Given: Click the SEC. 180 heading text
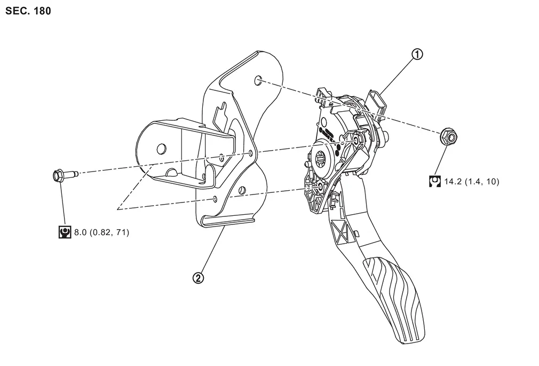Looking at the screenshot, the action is [28, 11].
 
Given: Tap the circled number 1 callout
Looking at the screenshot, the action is [417, 54].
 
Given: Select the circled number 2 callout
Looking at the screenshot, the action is [198, 278].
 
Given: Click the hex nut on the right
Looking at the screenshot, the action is [448, 137].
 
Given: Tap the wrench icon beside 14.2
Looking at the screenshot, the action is [435, 181].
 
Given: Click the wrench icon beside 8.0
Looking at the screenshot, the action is [65, 232].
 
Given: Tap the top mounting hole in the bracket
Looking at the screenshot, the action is [258, 81].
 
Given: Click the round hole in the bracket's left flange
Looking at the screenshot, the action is [160, 149].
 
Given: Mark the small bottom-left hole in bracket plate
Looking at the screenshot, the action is [215, 198].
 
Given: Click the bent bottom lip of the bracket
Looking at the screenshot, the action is [228, 222].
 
